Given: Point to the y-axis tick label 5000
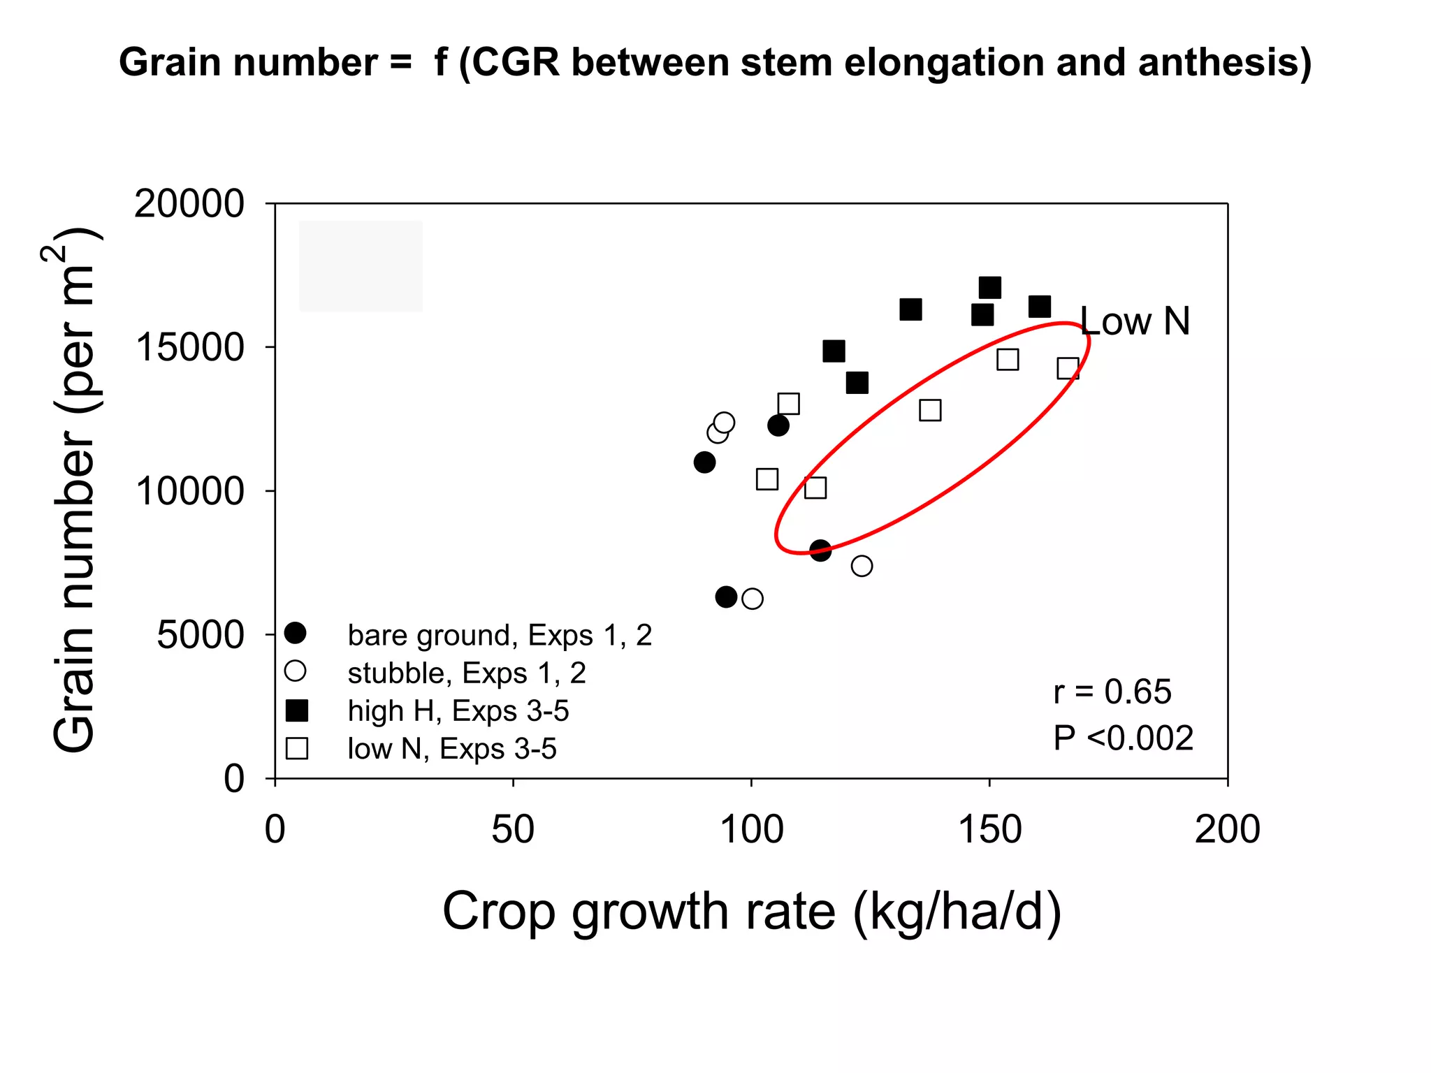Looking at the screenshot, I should click(x=200, y=635).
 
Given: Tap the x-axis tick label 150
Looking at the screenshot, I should click(x=989, y=830).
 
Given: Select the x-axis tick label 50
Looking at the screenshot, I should click(x=513, y=830).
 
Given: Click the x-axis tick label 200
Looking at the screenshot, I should click(x=1227, y=830).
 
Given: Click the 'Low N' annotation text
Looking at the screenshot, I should click(x=1135, y=321).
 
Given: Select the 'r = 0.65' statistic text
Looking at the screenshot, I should click(x=1112, y=692).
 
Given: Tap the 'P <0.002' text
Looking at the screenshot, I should click(x=1123, y=738).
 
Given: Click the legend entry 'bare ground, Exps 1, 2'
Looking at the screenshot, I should click(x=499, y=635).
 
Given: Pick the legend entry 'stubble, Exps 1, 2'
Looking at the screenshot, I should click(x=466, y=673).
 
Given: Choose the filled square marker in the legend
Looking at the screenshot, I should click(x=297, y=711).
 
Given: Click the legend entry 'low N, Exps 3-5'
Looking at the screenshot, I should click(x=451, y=749).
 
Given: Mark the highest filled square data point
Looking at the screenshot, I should click(x=989, y=287).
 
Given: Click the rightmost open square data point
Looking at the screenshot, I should click(x=1068, y=368).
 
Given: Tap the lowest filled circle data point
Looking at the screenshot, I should click(x=726, y=597).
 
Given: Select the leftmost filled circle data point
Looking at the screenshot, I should click(x=704, y=462).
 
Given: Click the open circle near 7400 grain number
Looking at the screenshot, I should click(x=862, y=566).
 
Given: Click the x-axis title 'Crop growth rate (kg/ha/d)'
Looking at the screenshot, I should click(x=752, y=912).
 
